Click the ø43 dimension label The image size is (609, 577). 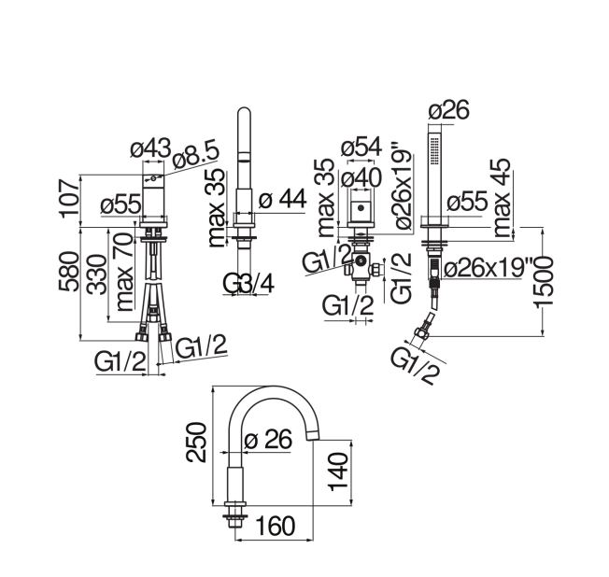[150, 148]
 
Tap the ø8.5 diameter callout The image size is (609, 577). [196, 156]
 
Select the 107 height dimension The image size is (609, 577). [69, 198]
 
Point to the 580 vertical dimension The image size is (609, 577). [69, 272]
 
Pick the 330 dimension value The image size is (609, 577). [96, 274]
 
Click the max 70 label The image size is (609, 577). [124, 273]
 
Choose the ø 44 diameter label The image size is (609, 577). [283, 199]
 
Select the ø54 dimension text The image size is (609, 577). [361, 147]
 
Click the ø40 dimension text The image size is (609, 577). [361, 178]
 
